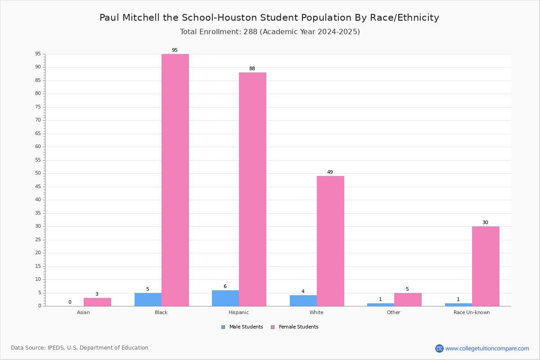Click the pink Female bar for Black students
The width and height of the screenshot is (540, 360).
point(175,180)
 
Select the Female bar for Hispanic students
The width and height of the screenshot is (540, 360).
point(252,189)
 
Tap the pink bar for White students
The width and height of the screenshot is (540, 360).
point(330,241)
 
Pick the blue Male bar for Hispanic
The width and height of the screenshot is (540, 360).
point(225,298)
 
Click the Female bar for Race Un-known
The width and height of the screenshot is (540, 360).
point(486,266)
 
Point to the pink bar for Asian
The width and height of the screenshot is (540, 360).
point(97,302)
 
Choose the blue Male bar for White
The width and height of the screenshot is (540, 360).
point(303,301)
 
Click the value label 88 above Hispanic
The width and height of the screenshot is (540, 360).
point(252,68)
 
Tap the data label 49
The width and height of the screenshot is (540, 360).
point(330,172)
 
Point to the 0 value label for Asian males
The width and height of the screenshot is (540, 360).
point(70,302)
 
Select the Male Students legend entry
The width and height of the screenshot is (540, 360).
point(242,327)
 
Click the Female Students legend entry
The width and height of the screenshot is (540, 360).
point(295,327)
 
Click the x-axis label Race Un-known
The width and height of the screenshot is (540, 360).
point(472,312)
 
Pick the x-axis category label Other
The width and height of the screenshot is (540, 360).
point(393,312)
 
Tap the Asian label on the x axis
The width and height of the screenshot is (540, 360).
point(83,312)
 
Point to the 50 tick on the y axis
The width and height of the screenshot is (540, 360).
point(38,173)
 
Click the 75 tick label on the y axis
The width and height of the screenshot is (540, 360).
point(38,107)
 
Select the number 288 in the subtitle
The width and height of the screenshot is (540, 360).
point(251,31)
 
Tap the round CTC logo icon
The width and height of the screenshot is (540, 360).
point(439,348)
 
